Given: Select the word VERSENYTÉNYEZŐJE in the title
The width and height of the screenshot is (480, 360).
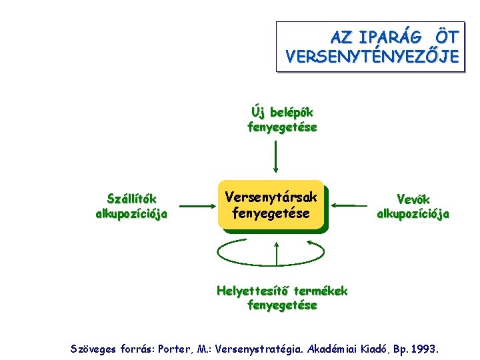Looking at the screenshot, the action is (371, 57).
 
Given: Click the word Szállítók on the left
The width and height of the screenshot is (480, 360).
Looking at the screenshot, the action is (132, 199).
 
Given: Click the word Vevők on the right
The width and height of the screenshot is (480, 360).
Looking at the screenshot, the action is (413, 199).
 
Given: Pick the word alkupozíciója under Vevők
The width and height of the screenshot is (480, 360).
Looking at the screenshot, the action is (413, 214).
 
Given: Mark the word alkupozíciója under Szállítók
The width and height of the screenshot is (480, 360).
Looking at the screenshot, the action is (132, 214).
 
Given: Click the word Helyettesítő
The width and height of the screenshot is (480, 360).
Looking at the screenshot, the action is (254, 291).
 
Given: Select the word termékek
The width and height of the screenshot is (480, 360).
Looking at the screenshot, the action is (321, 291).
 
